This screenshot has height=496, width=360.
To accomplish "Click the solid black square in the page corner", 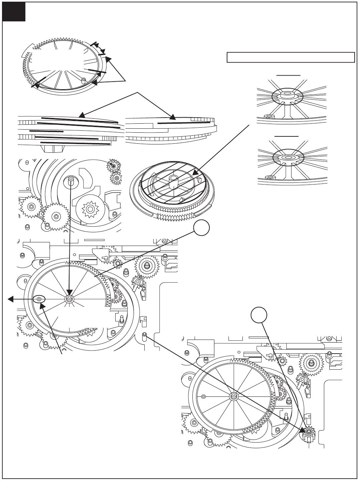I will click(14, 12).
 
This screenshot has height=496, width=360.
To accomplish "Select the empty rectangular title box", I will click(291, 57).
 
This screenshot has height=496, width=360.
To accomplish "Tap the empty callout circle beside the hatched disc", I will click(201, 228).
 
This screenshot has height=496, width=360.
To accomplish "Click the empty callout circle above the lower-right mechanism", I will click(259, 315).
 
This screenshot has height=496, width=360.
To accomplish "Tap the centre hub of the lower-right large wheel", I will click(233, 396).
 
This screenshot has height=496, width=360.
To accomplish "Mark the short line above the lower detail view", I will click(287, 136).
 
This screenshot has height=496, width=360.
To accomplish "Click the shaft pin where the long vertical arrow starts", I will click(71, 179).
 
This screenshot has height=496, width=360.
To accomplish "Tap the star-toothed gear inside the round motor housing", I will click(90, 209).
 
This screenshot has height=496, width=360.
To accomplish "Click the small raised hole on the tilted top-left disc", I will click(83, 80).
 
